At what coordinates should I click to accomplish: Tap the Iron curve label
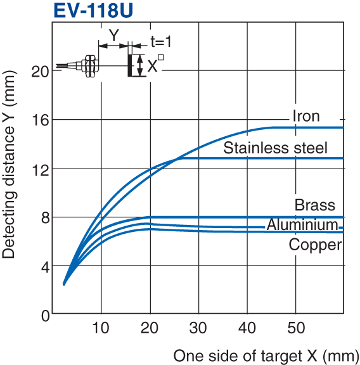click(306, 116)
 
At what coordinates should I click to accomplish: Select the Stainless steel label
click(276, 148)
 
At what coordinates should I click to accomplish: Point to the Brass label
click(315, 205)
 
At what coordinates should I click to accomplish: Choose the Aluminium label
click(302, 225)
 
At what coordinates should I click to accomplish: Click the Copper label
click(315, 245)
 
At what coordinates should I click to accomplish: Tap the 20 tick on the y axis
click(40, 71)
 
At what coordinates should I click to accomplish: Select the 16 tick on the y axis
click(40, 120)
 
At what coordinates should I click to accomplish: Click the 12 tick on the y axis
click(40, 169)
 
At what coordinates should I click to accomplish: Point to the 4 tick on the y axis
click(44, 266)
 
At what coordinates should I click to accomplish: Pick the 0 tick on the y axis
click(44, 315)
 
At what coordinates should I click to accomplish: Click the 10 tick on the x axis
click(101, 328)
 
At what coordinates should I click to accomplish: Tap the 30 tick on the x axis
click(200, 328)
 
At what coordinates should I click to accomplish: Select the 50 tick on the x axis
click(297, 328)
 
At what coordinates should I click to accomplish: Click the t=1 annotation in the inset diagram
click(161, 42)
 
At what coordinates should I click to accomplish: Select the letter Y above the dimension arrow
click(113, 35)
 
